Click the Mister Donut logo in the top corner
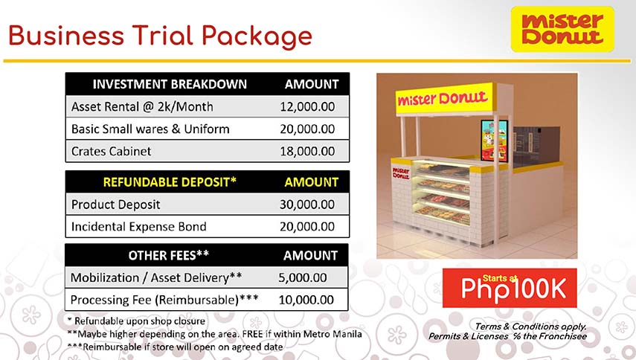[562, 29]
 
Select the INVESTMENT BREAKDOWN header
[170, 84]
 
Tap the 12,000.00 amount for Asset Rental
[307, 106]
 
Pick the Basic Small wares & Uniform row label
[150, 129]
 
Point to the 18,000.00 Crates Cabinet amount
[307, 151]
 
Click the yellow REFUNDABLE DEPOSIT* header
[170, 181]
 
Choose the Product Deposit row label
[115, 204]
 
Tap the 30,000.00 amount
[307, 204]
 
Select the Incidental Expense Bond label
[138, 226]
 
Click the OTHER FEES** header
[169, 255]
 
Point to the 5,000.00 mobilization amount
[303, 278]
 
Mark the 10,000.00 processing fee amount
[306, 300]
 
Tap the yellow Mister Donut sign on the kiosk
[442, 99]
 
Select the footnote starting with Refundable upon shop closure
[136, 321]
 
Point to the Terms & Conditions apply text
[530, 326]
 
